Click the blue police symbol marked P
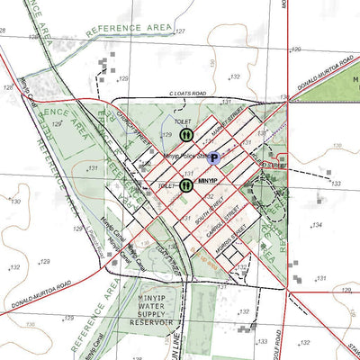coord(215,157)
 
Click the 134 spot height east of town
coord(316,224)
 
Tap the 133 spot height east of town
coord(336,183)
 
